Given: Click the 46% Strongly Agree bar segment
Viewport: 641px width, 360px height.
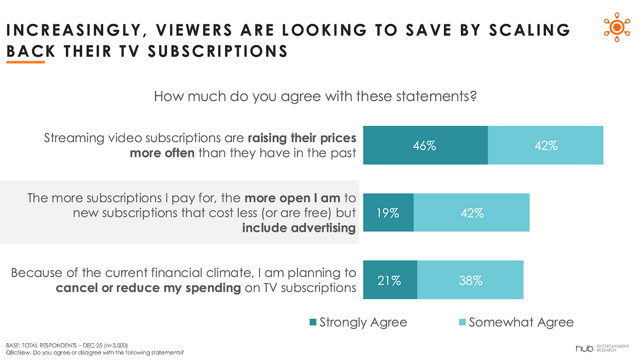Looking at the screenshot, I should [x=425, y=146].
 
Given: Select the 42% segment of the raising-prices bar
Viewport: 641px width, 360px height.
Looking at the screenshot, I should [x=546, y=146].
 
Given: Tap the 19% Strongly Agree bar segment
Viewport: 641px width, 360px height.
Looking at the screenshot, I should [x=388, y=212].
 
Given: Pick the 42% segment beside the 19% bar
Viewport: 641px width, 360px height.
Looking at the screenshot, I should [x=472, y=212].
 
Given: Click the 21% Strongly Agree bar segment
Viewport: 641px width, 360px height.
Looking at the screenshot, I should [x=390, y=280].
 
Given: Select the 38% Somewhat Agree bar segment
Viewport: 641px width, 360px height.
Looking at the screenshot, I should [x=470, y=280].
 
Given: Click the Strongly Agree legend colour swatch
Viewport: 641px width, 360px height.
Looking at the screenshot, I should [x=313, y=323].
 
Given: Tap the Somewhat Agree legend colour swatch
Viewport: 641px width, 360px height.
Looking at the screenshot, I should [x=462, y=323].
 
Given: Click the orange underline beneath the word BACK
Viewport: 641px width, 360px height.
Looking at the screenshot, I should [x=25, y=62].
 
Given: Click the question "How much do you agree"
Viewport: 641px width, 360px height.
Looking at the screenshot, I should [x=315, y=97].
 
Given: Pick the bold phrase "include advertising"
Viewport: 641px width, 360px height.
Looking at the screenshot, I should [x=299, y=228].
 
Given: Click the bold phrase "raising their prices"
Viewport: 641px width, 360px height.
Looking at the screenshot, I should [x=302, y=138].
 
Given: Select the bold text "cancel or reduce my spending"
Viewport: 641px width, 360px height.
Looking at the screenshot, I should [x=149, y=287].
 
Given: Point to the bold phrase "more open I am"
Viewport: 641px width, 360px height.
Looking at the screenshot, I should [x=292, y=198].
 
